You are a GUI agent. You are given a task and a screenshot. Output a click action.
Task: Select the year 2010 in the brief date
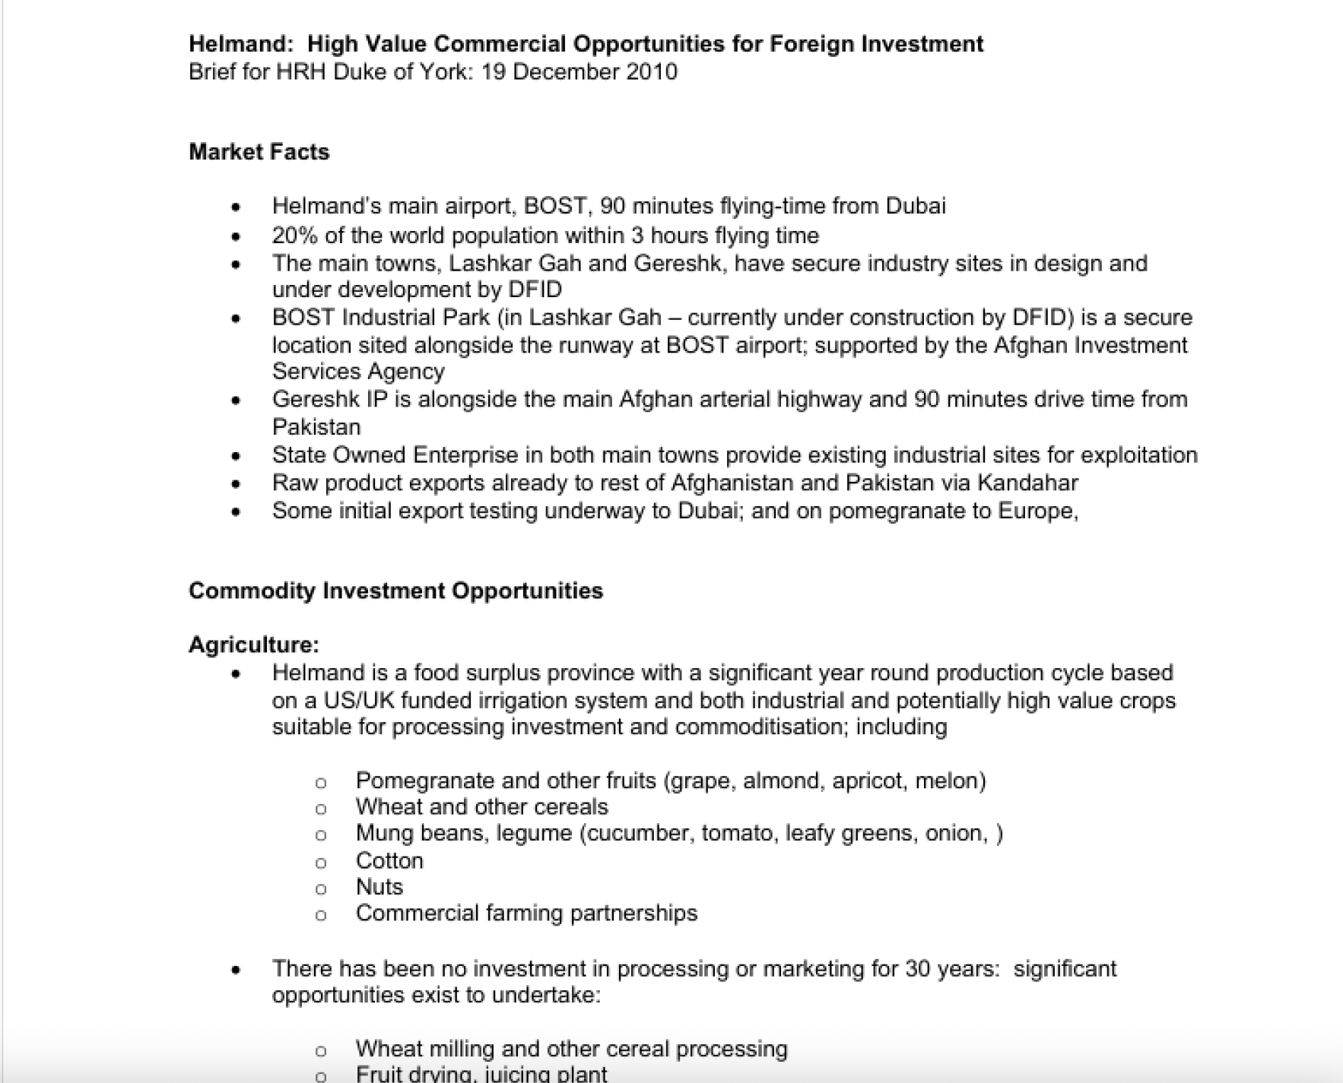[x=652, y=72]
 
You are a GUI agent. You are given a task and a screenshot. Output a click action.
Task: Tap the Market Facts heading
[x=259, y=152]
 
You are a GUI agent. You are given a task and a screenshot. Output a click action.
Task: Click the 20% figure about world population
[x=294, y=236]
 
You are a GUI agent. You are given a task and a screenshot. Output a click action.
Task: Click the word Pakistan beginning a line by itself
[x=316, y=427]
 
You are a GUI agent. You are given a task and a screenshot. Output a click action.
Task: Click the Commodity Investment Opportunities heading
[x=395, y=591]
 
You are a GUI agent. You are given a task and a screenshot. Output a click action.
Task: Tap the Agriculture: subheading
[x=254, y=645]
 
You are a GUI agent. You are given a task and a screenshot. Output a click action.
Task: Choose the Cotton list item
[x=389, y=861]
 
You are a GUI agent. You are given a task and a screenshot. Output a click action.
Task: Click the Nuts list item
[x=379, y=887]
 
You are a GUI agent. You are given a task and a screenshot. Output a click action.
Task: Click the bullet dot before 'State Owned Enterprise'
[x=237, y=456]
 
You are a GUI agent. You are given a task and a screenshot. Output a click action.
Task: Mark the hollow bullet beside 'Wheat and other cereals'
[x=321, y=809]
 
